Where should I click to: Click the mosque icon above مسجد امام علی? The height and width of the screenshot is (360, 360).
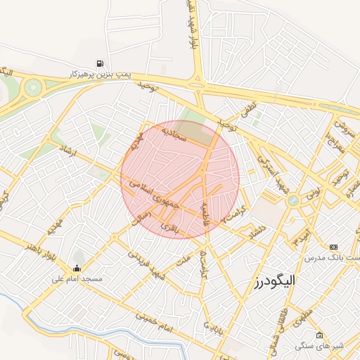[76, 268]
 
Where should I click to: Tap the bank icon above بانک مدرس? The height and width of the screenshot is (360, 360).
[333, 247]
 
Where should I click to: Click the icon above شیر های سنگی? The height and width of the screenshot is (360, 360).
[320, 335]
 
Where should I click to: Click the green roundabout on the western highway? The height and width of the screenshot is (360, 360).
[32, 89]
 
